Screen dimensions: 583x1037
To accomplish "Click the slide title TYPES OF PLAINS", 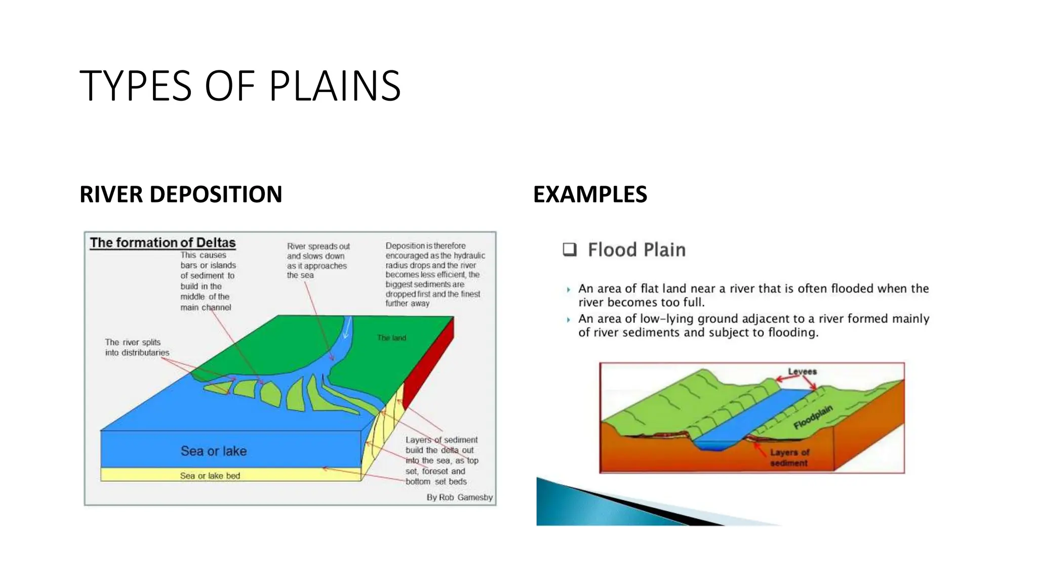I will click(x=240, y=86).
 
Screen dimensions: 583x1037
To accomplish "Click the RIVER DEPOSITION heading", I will click(x=181, y=194).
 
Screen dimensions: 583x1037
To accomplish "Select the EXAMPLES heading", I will click(x=590, y=194).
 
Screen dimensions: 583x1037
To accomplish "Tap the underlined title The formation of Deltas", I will click(x=163, y=243).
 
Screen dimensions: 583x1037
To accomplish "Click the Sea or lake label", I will click(x=213, y=451).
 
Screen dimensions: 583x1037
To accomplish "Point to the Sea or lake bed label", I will click(x=210, y=476).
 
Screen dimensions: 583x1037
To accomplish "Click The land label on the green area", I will click(x=391, y=338).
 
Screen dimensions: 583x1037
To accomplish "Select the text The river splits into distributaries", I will click(x=137, y=347).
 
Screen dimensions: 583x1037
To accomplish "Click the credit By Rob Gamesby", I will click(x=459, y=497).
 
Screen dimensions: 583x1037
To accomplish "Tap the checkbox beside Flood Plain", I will click(x=570, y=249).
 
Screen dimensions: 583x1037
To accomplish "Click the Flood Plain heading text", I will click(x=636, y=250).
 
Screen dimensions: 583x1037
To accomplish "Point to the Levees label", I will click(x=802, y=371).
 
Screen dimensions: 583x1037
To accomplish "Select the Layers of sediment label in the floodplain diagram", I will click(x=789, y=457).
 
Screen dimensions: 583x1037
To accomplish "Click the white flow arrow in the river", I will click(x=347, y=329).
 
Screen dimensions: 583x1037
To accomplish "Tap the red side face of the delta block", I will click(x=430, y=364).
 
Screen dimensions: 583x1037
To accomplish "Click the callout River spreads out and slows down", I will click(x=317, y=261).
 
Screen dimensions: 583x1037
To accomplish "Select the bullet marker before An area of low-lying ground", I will click(x=568, y=320).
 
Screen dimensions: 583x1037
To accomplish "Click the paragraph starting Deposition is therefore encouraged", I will click(x=434, y=274).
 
